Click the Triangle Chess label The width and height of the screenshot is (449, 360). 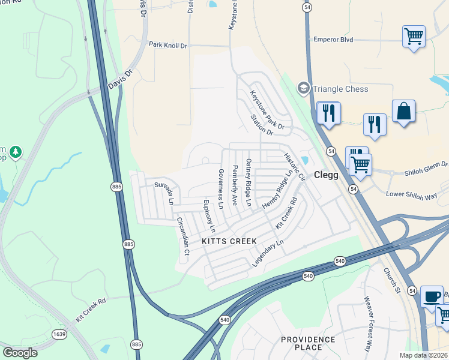pyautogui.click(x=340, y=89)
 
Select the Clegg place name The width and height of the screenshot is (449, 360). pyautogui.click(x=327, y=175)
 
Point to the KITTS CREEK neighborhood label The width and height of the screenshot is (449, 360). pyautogui.click(x=229, y=241)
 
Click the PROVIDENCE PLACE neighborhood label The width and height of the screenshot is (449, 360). pyautogui.click(x=309, y=344)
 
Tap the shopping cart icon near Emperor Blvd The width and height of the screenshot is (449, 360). pyautogui.click(x=414, y=37)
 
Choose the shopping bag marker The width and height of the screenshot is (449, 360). pyautogui.click(x=404, y=111)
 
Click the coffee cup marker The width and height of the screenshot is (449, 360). pyautogui.click(x=431, y=296)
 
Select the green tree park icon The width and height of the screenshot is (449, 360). pyautogui.click(x=16, y=152)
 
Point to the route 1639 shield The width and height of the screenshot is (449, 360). pyautogui.click(x=59, y=334)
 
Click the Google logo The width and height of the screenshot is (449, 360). pyautogui.click(x=20, y=352)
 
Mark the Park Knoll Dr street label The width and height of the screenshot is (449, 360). pyautogui.click(x=168, y=45)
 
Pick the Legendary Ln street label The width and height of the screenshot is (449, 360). pyautogui.click(x=267, y=253)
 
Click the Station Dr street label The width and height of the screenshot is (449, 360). pyautogui.click(x=262, y=124)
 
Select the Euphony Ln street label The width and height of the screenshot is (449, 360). pyautogui.click(x=209, y=216)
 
